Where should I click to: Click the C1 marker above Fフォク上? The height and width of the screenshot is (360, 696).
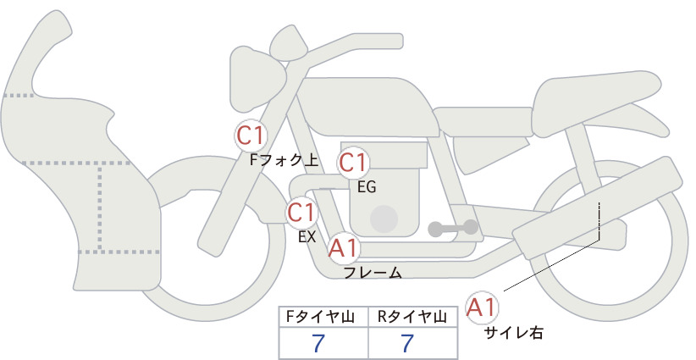pos(251,136)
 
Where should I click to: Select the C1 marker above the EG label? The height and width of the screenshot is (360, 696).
pos(353,163)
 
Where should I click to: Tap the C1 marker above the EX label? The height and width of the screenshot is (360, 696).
pos(301,212)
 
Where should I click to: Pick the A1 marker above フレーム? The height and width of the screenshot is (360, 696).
pos(343,248)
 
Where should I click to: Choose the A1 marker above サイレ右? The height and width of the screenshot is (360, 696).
pos(482,307)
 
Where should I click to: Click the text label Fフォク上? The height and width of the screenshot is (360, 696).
pos(284,160)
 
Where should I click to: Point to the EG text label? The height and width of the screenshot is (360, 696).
pos(367,187)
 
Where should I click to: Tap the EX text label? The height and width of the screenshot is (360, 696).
pos(307,236)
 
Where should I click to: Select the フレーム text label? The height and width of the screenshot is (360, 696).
pos(373,273)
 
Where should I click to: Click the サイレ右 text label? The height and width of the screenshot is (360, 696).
pos(514,333)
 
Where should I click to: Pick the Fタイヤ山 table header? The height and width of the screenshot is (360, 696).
pos(320,317)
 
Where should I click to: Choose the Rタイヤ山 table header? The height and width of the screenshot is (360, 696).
pos(412,317)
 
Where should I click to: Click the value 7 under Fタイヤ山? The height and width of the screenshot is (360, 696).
pos(318,343)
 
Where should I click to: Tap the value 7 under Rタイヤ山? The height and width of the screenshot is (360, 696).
pos(407,343)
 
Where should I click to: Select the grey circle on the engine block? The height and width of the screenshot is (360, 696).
pos(384,219)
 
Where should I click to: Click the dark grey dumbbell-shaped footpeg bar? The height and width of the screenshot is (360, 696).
pos(453,228)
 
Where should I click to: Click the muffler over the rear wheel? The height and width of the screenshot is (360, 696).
pos(598,208)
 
